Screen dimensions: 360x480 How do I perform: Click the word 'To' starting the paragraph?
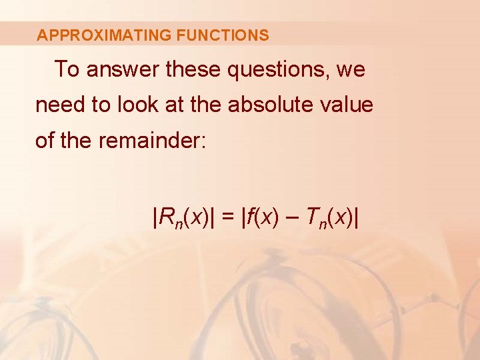pos(67,69)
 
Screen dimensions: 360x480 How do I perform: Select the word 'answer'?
pos(123,69)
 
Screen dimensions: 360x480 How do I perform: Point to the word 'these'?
pos(194,69)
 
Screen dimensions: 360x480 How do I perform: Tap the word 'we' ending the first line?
pos(351,69)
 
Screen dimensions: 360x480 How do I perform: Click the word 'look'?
pos(133,105)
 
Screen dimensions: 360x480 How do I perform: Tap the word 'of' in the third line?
pos(45,141)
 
